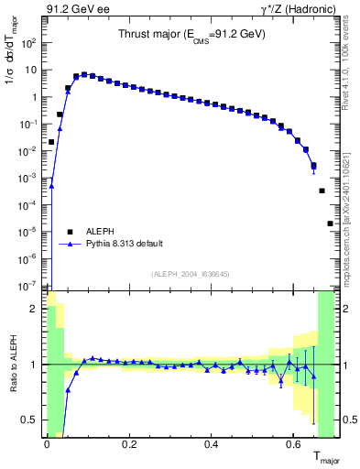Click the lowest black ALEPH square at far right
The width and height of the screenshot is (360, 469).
point(330,224)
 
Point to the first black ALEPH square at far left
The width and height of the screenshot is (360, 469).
point(51,142)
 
